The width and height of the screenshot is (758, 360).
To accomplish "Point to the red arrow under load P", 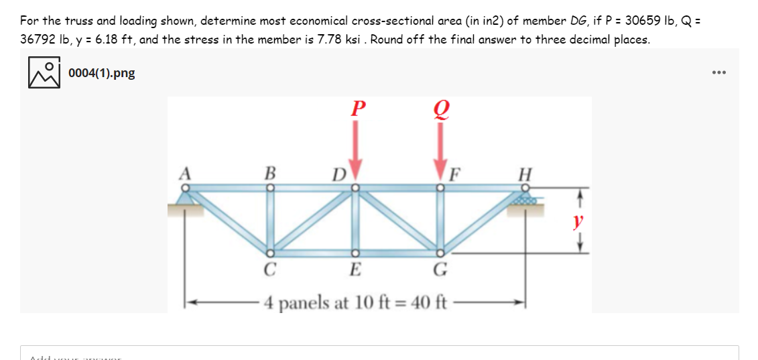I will [x=356, y=154].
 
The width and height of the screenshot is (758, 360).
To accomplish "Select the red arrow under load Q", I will [x=440, y=155].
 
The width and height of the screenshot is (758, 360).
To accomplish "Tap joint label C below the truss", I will [x=269, y=272].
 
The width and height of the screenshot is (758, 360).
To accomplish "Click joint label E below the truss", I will [x=356, y=272].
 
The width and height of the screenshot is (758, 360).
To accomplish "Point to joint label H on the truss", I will [x=525, y=173].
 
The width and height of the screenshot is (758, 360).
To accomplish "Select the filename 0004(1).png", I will [x=101, y=73].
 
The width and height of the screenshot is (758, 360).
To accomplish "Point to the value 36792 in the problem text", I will [x=38, y=39].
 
